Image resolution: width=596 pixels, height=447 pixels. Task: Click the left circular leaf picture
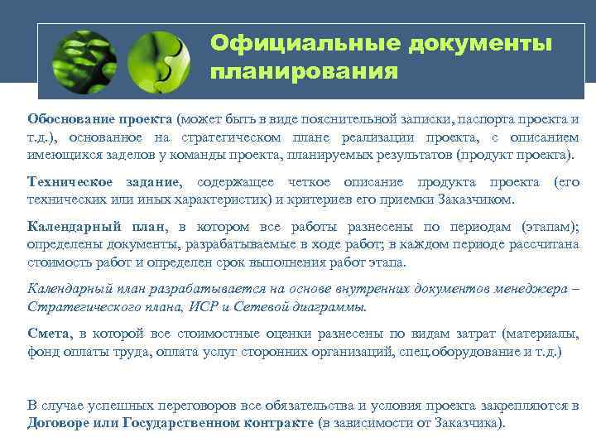pyautogui.click(x=84, y=61)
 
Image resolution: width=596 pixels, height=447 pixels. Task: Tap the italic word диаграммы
pyautogui.click(x=328, y=306)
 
